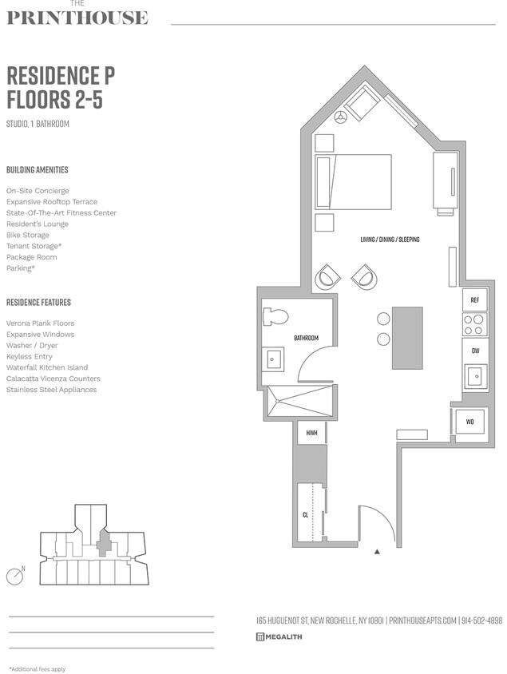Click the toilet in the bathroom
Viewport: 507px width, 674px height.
point(275,316)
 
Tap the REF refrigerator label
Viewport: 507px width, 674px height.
point(474,300)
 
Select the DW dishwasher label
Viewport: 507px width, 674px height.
point(474,351)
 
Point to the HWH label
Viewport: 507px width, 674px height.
point(311,434)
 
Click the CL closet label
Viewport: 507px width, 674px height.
point(305,515)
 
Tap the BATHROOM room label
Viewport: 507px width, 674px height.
point(306,338)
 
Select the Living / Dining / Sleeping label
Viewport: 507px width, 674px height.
point(390,240)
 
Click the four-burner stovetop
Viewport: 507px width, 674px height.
point(474,324)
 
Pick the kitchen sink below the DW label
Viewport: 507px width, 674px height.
point(474,375)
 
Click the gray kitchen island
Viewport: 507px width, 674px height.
point(406,338)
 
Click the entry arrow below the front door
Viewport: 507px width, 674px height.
point(377,551)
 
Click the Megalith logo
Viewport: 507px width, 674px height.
point(279,636)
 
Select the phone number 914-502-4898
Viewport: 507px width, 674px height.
point(481,620)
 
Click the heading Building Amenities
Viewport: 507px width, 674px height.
point(37,170)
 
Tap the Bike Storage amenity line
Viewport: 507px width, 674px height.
point(28,236)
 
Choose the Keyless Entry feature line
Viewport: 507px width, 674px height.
point(29,356)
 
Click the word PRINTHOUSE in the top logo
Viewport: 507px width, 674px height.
point(77,18)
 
